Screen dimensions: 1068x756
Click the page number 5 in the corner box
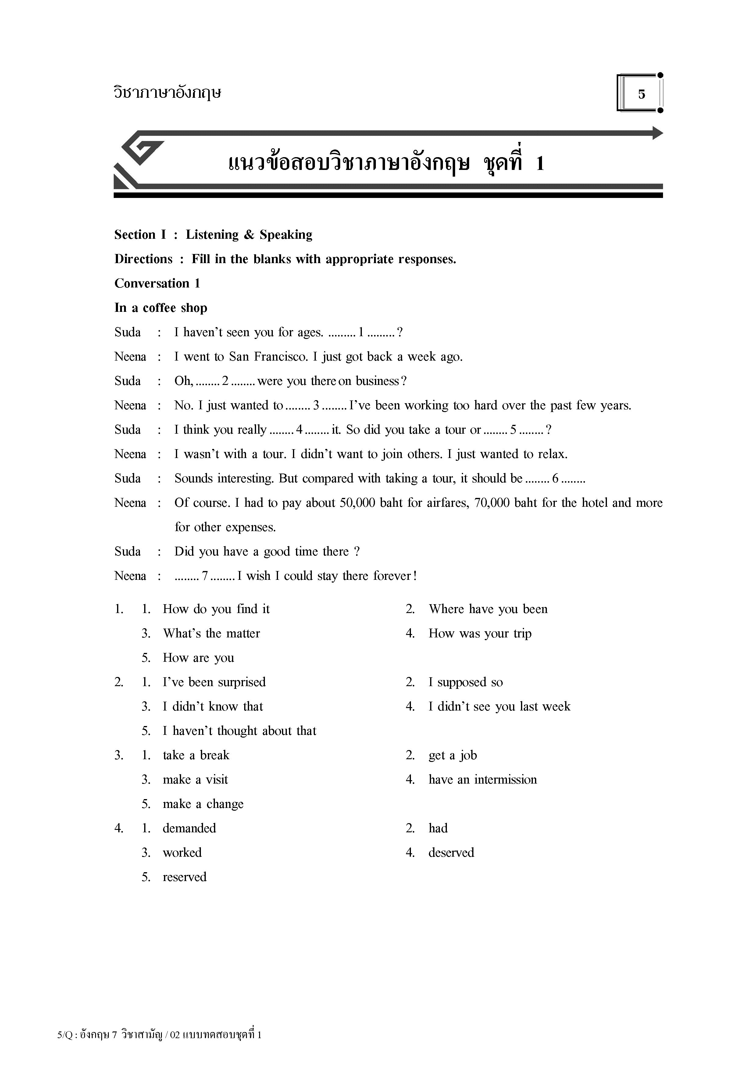641,94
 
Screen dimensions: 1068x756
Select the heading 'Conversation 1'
157,283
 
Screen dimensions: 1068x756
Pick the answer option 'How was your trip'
480,633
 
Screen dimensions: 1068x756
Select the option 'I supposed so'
465,682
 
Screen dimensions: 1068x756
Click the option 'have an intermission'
483,780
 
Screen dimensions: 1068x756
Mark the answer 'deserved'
451,853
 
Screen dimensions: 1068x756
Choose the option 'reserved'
184,877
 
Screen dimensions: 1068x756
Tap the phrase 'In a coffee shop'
161,308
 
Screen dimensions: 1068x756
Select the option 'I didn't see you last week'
499,707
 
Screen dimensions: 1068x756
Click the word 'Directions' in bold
143,259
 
